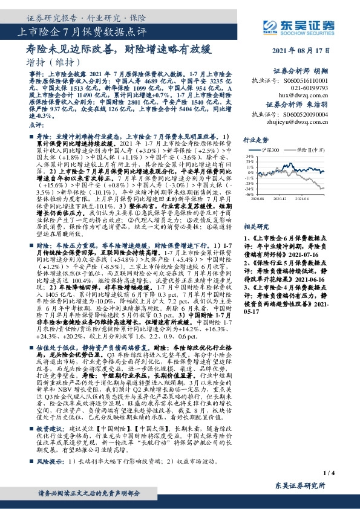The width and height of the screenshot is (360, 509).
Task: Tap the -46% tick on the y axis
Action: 249,195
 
